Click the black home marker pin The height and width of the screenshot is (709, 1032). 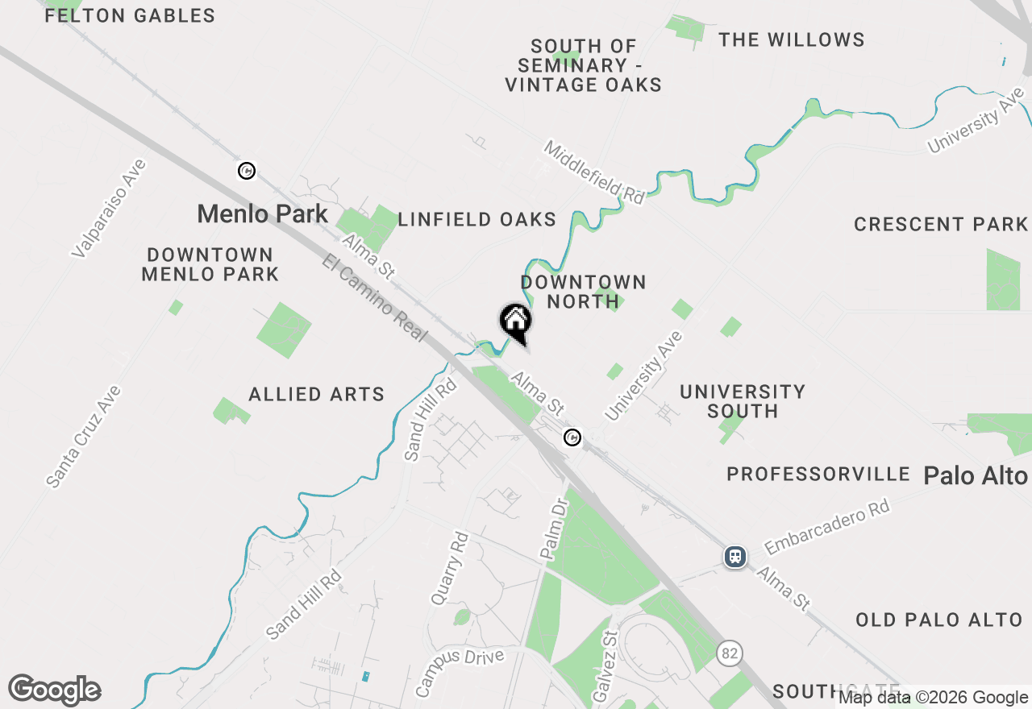click(516, 322)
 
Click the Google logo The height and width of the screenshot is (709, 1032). click(54, 690)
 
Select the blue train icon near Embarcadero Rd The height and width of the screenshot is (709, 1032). click(734, 556)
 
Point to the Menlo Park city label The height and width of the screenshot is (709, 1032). click(263, 214)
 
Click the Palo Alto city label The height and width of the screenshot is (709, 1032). click(976, 475)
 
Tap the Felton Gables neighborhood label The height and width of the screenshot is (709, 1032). click(130, 16)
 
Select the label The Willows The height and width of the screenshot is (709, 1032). click(792, 39)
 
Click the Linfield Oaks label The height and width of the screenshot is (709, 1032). click(477, 219)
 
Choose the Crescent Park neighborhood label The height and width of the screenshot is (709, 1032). click(941, 224)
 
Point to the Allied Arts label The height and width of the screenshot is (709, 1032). click(317, 394)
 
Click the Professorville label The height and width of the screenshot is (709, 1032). click(818, 474)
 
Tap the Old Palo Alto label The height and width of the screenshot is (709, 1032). click(939, 620)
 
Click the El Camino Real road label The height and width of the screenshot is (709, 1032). click(374, 297)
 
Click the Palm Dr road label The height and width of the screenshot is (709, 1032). click(555, 529)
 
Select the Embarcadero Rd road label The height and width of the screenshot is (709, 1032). click(827, 527)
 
